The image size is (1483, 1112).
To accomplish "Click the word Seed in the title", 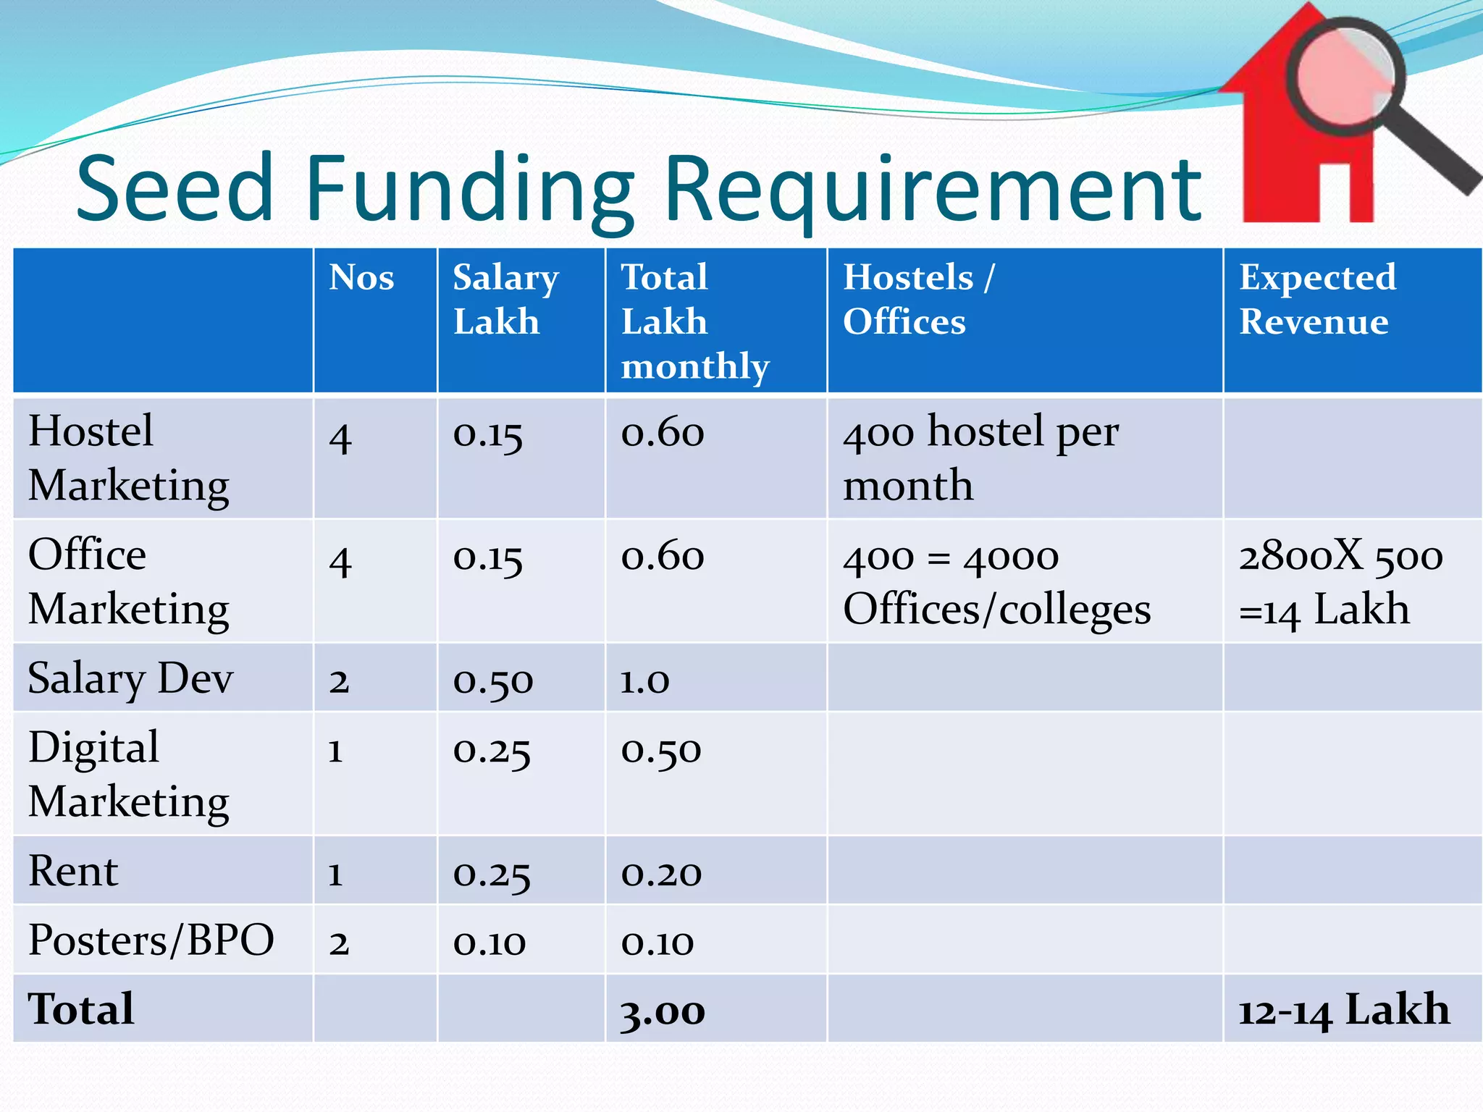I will pos(175,190).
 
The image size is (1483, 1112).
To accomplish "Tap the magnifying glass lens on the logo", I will pos(1345,77).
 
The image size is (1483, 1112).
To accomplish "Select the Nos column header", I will pos(361,278).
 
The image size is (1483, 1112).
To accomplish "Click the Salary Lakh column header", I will pos(505,299).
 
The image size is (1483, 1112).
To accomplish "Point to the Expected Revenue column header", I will pos(1316,299).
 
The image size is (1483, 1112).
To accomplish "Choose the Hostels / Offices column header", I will pos(918,299).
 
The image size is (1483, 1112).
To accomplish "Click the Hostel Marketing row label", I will pos(128,458).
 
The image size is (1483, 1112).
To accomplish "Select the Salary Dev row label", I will pos(130,678).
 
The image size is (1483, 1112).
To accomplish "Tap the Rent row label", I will pos(72,870).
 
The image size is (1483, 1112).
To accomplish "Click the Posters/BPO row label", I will pos(151,940).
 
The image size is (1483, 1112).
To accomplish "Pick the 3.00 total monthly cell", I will pos(663,1011).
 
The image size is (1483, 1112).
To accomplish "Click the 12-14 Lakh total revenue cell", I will pos(1343,1010).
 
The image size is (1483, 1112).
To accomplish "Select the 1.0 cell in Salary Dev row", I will pos(644,681).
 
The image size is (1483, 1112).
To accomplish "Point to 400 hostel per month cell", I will pos(980,458).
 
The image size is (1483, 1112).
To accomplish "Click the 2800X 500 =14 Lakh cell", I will pos(1340,582).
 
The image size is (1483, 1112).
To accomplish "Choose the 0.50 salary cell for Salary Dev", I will pos(492,681).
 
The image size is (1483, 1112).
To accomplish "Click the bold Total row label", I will pos(81,1009).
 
